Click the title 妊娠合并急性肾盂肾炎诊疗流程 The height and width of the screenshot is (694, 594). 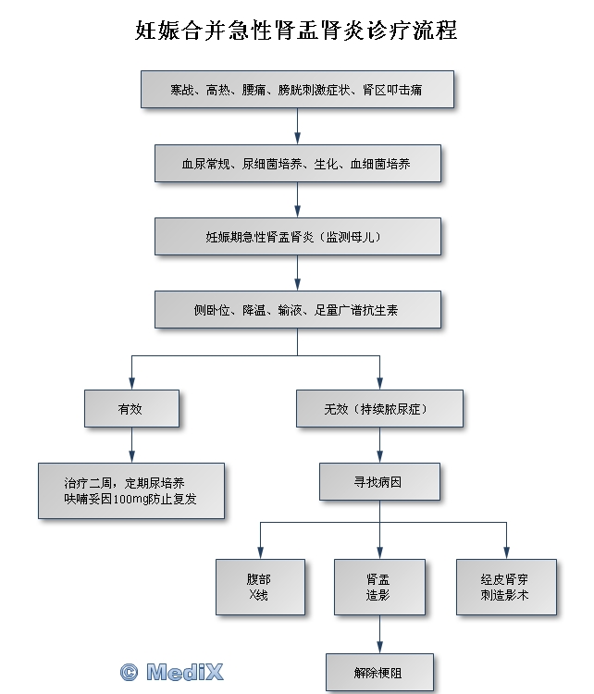click(296, 31)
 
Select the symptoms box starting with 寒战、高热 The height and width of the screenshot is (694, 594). click(297, 89)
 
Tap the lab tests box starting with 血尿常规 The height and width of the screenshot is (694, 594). click(297, 163)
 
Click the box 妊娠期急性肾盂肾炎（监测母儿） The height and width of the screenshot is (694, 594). click(297, 236)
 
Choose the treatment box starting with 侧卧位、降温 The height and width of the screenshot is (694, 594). click(297, 309)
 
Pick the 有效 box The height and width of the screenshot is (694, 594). click(131, 408)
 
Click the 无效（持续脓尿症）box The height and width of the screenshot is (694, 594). click(379, 408)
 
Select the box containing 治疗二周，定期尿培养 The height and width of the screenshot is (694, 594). click(131, 490)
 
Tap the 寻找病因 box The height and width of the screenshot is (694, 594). click(379, 481)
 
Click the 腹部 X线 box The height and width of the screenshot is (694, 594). click(260, 587)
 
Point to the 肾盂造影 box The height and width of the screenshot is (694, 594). click(379, 587)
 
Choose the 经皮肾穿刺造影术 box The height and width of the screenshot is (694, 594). click(506, 587)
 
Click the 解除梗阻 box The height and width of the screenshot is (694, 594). click(379, 673)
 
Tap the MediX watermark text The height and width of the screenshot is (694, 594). click(184, 672)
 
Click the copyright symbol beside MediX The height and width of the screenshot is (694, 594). click(129, 673)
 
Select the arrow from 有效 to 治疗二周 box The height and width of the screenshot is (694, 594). click(131, 445)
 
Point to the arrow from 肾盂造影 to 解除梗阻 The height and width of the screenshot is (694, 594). click(379, 634)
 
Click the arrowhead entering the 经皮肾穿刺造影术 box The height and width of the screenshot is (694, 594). click(506, 553)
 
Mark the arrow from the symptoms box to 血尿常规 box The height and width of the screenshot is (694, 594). click(297, 126)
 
